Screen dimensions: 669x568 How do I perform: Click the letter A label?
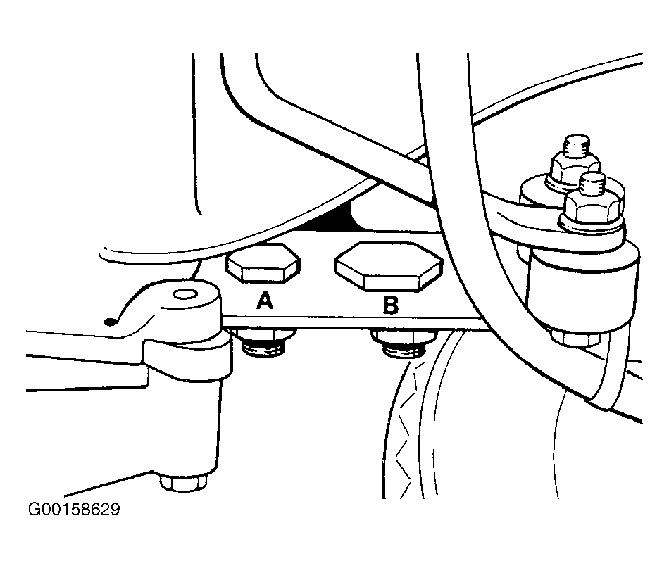pos(265,301)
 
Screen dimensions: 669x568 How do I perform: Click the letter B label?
pos(390,305)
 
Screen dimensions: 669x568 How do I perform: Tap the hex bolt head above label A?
pos(263,263)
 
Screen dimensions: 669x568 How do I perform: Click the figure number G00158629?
pos(74,509)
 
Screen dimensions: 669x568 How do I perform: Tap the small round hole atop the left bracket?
pos(184,295)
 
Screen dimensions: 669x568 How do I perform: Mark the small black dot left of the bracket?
pos(110,322)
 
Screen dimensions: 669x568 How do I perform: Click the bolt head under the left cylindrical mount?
pos(184,482)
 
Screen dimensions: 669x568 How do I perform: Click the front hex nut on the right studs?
pos(591,209)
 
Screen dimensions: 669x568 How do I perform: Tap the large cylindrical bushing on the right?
pos(584,290)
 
